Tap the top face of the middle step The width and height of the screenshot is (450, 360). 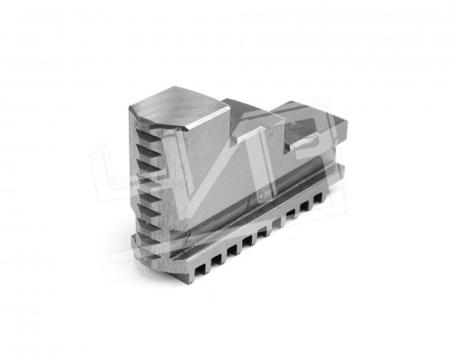click(247, 112)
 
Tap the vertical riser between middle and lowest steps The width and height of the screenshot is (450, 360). click(281, 126)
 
